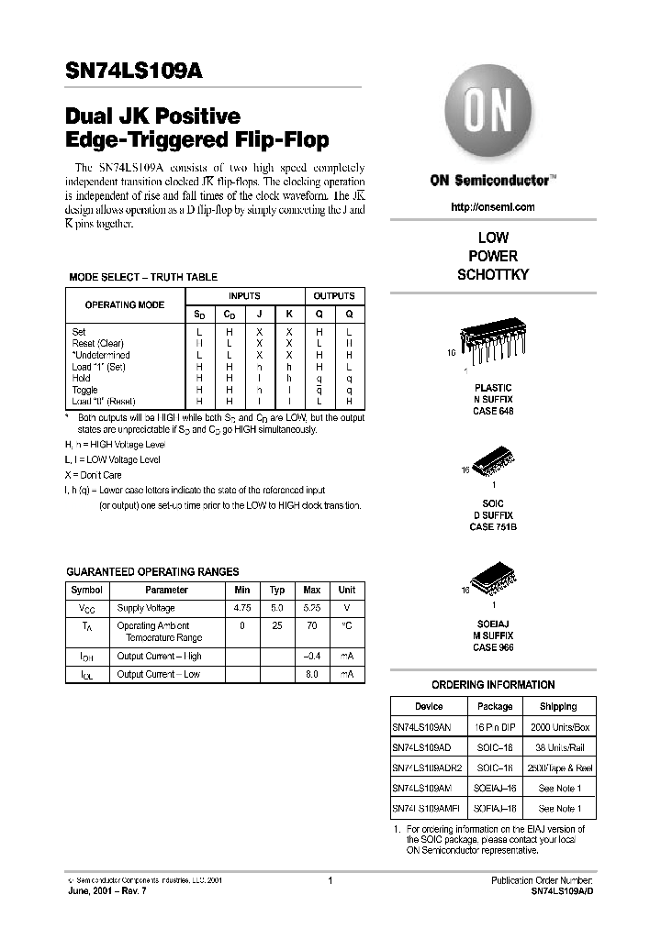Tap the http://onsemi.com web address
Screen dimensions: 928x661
[493, 207]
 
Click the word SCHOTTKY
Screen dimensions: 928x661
[493, 274]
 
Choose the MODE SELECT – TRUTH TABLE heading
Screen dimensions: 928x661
[143, 277]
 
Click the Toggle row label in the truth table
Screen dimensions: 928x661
[84, 390]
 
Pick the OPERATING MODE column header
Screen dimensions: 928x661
[125, 304]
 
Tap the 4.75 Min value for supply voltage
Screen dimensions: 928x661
[242, 608]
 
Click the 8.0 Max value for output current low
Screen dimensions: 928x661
[312, 674]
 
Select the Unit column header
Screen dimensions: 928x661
[347, 590]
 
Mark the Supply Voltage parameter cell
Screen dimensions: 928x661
[146, 608]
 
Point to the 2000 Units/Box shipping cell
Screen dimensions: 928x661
[558, 726]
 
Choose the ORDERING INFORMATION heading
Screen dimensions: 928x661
[493, 684]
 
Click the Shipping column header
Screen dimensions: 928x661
[558, 706]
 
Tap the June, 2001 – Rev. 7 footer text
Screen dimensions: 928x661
[106, 892]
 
